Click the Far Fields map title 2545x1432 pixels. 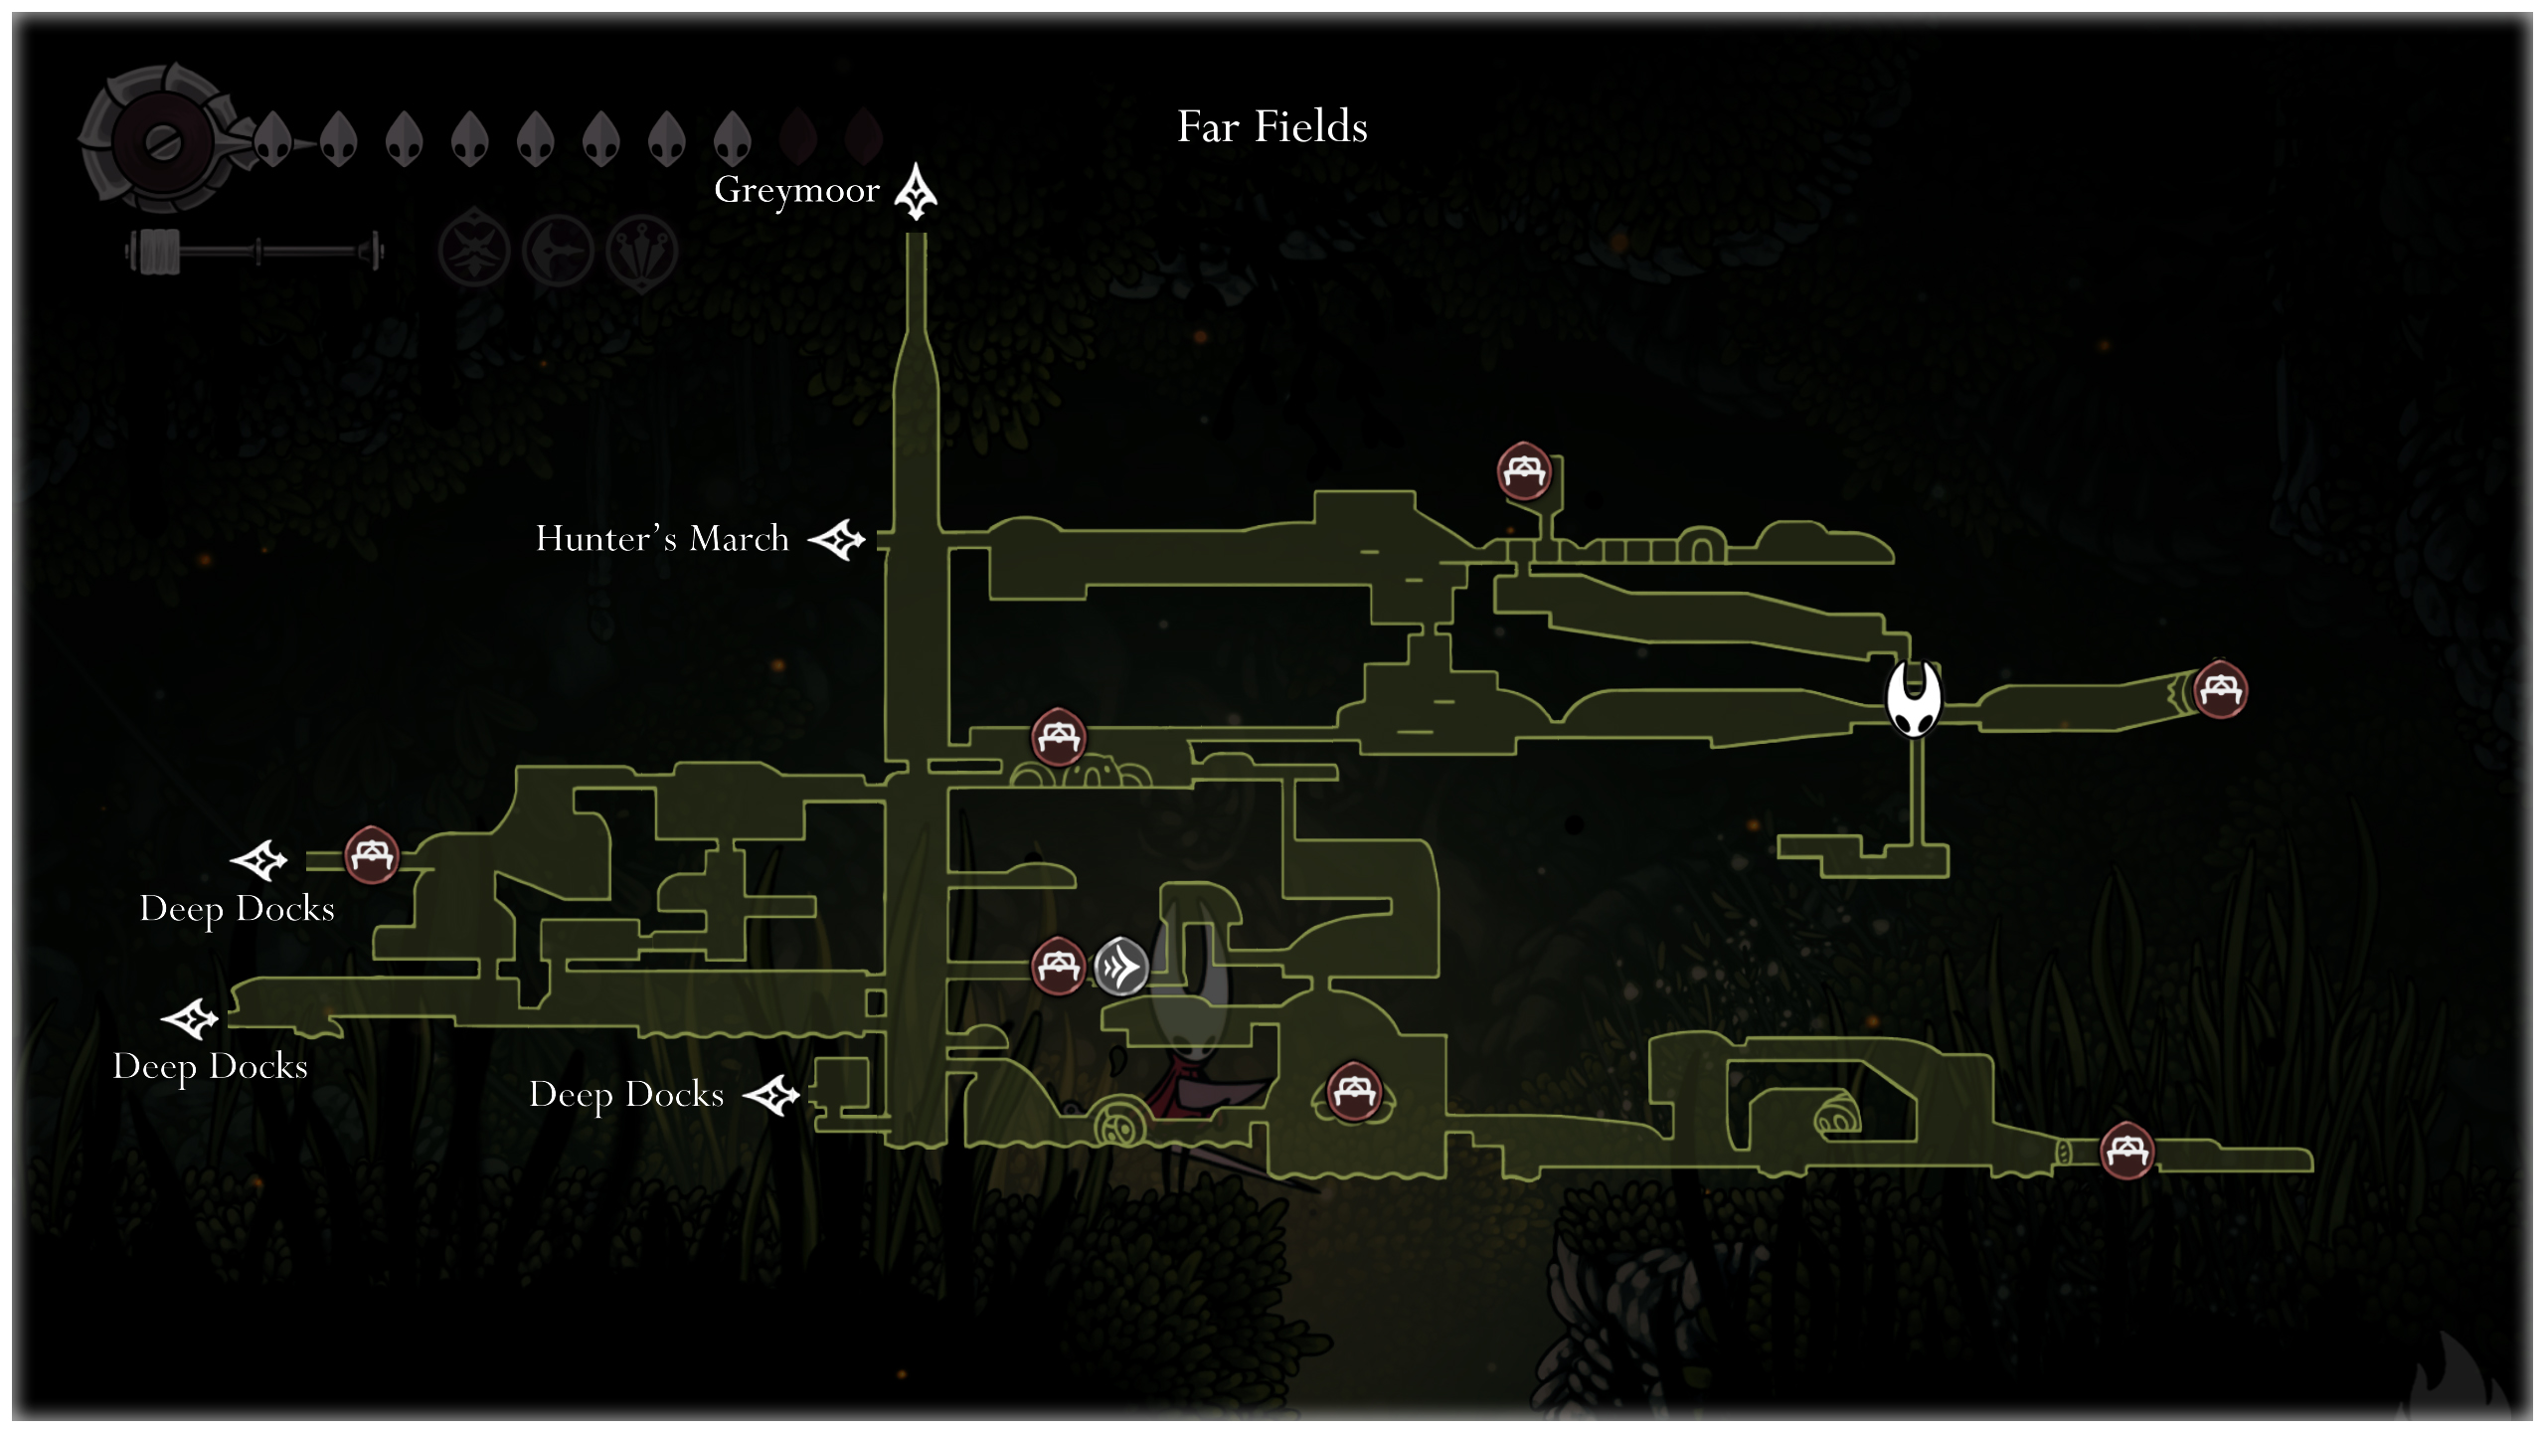coord(1272,127)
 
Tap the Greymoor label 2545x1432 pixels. coord(796,190)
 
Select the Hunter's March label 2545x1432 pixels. coord(662,539)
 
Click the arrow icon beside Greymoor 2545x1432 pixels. coord(916,192)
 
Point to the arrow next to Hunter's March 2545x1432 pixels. coord(837,540)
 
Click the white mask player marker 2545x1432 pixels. coord(1913,699)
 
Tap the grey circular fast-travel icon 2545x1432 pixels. coord(1120,966)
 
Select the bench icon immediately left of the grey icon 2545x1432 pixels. coord(1057,966)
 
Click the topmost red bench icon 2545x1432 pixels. coord(1524,471)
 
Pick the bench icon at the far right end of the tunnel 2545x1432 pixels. coord(2220,689)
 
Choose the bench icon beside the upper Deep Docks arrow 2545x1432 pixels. coord(372,855)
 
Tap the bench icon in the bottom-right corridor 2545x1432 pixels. coord(2126,1151)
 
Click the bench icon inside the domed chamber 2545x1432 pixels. coord(1353,1092)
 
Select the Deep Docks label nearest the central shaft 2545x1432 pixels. coord(626,1095)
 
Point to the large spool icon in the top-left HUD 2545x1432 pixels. coord(162,141)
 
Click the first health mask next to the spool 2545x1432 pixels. coord(271,139)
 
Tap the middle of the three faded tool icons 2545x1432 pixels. coord(559,251)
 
